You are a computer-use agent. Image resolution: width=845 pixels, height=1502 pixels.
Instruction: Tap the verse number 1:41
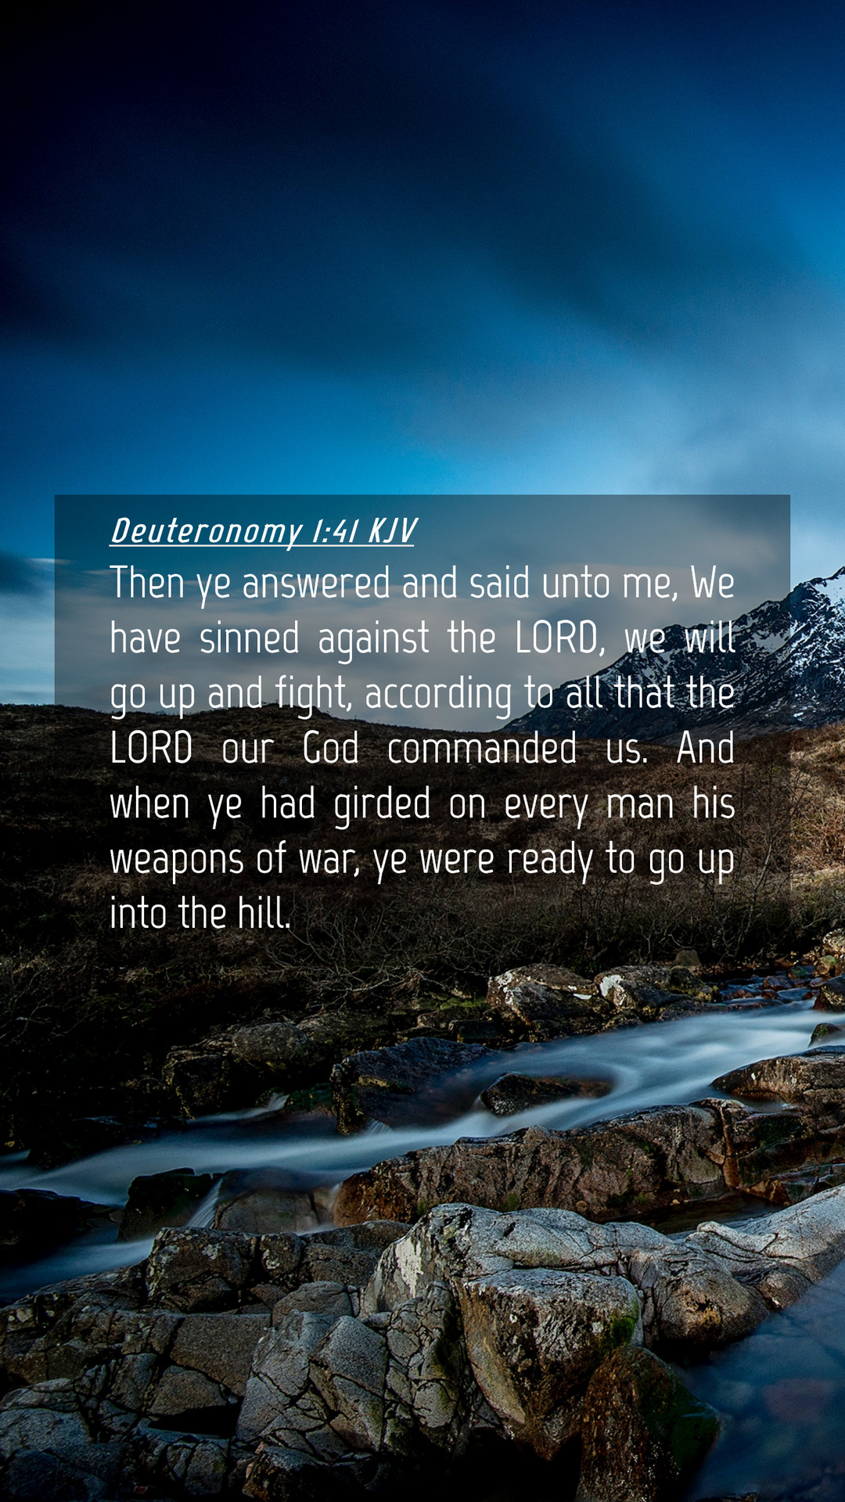tap(335, 530)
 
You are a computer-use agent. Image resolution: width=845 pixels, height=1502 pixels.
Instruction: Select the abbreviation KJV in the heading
tap(391, 530)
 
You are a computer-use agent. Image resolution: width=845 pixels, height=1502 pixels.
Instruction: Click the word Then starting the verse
tap(146, 583)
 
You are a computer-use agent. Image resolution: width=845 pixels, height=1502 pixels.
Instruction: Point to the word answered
tap(315, 584)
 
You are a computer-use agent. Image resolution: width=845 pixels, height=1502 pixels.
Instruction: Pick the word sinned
tap(250, 638)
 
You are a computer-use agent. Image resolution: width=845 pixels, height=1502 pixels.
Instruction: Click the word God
tap(330, 748)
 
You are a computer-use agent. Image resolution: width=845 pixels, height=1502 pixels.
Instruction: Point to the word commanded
tap(482, 748)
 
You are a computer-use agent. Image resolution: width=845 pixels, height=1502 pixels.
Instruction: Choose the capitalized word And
tap(706, 748)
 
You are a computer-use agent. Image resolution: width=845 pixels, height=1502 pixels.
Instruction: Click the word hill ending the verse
tap(264, 913)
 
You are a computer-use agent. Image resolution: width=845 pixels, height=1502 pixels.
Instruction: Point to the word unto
tap(575, 584)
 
